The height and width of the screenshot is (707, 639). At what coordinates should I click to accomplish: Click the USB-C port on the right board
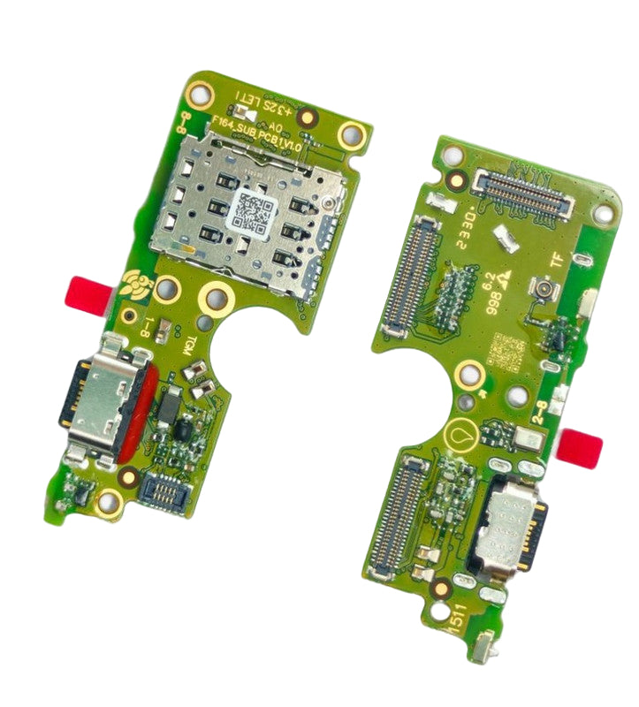pyautogui.click(x=511, y=525)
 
